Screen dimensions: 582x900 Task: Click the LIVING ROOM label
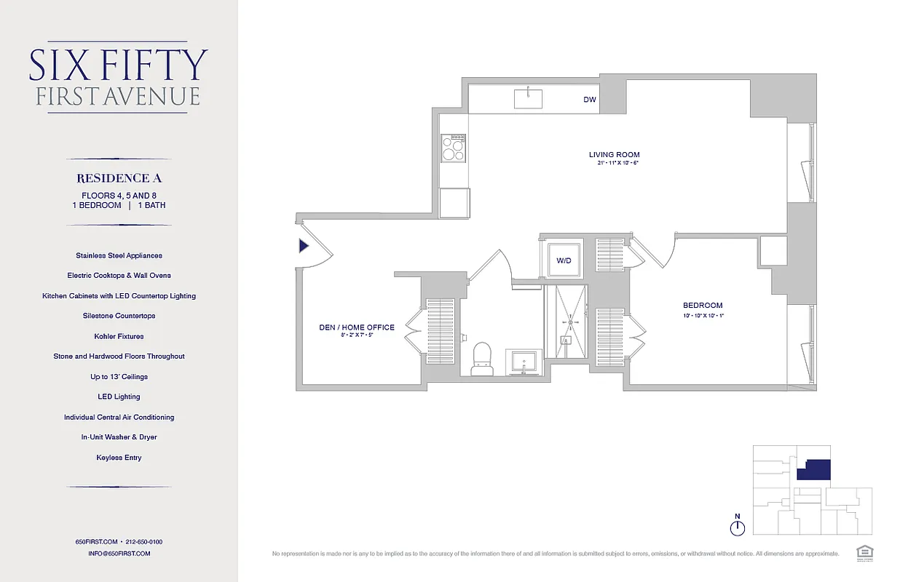coord(614,155)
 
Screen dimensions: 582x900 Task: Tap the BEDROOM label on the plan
coord(702,306)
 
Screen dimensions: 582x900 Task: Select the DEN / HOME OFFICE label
coord(357,327)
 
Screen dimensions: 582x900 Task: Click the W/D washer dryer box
coord(564,260)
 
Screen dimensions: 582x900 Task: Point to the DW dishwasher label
coord(589,100)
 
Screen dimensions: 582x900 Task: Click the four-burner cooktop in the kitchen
coord(454,148)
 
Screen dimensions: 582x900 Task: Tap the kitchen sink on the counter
coord(528,98)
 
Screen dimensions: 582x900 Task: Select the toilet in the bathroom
coord(482,359)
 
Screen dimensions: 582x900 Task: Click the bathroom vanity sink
coord(524,362)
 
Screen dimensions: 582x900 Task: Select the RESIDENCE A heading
coord(119,178)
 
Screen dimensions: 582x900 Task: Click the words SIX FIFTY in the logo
coord(119,65)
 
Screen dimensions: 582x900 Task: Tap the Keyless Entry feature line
coord(119,458)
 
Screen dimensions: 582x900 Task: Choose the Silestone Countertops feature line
coord(119,316)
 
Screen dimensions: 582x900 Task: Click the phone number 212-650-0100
coord(143,542)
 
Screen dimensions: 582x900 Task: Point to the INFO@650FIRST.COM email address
coord(119,554)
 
